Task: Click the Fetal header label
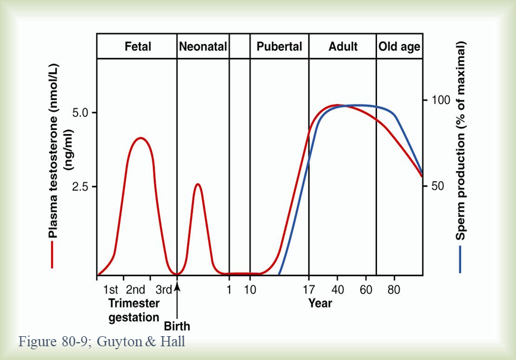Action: pyautogui.click(x=138, y=46)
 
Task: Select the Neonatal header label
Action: pyautogui.click(x=203, y=46)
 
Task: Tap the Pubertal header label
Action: pyautogui.click(x=279, y=46)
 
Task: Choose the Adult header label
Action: pyautogui.click(x=343, y=46)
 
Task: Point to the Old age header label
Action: pyautogui.click(x=399, y=46)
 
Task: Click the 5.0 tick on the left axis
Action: pyautogui.click(x=81, y=113)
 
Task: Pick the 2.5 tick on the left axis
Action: pyautogui.click(x=81, y=187)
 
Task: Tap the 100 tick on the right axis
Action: pyautogui.click(x=441, y=100)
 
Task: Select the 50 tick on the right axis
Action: pyautogui.click(x=438, y=186)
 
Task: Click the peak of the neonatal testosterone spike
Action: pyautogui.click(x=198, y=184)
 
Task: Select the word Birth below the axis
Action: pyautogui.click(x=177, y=326)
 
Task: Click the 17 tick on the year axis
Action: pyautogui.click(x=308, y=290)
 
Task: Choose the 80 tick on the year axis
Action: pyautogui.click(x=394, y=290)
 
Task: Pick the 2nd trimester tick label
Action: pyautogui.click(x=135, y=290)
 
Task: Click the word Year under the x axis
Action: pyautogui.click(x=320, y=303)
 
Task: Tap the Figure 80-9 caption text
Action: pyautogui.click(x=102, y=342)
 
